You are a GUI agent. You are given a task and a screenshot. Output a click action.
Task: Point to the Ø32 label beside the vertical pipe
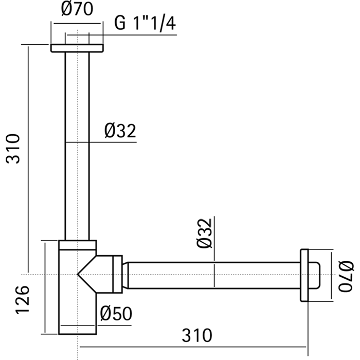click(119, 132)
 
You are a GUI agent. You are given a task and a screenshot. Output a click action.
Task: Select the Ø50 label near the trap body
click(116, 313)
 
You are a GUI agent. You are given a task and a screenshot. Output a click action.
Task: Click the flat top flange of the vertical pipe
click(77, 48)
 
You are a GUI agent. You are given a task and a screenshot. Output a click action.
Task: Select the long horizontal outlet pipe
click(211, 275)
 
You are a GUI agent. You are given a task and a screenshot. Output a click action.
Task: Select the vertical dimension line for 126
click(46, 288)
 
